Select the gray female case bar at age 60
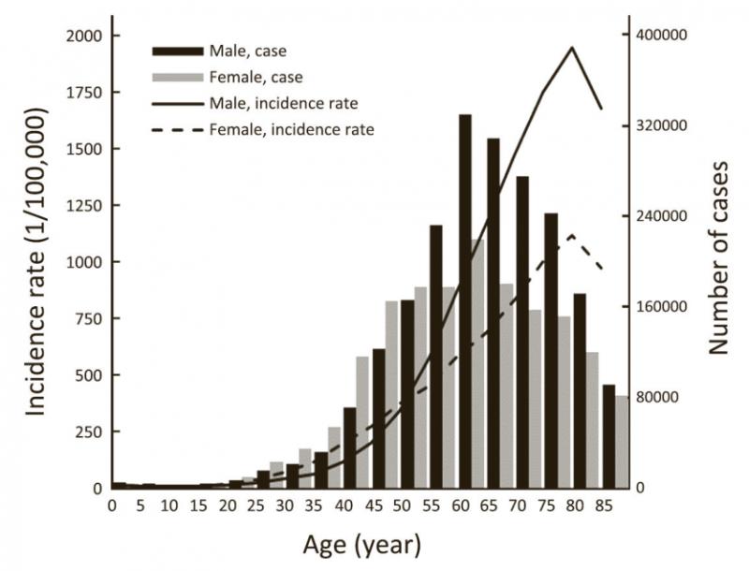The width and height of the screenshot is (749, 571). click(477, 365)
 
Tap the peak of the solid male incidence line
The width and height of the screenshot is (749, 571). click(572, 48)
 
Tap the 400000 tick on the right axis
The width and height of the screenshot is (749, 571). click(655, 36)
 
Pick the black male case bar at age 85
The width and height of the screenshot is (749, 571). click(609, 436)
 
